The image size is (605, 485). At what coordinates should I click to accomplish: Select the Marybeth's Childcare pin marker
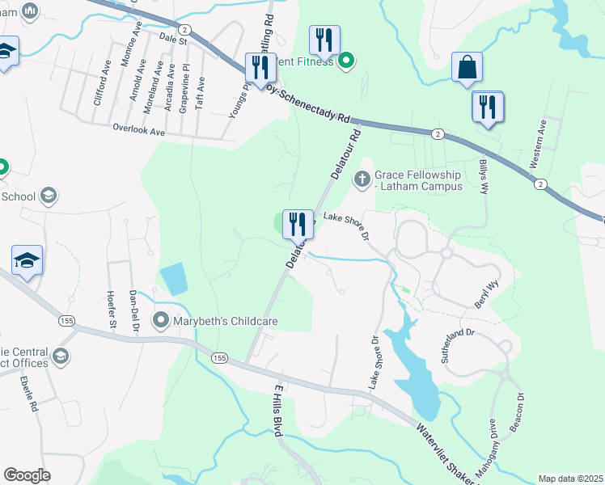160,321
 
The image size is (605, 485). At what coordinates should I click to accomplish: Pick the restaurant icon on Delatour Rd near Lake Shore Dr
298,224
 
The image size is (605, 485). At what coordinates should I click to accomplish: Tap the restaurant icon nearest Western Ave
488,108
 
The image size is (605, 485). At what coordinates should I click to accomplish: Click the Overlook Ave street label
139,129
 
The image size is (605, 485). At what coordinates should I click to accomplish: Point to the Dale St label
173,38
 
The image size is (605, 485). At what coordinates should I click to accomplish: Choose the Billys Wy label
484,176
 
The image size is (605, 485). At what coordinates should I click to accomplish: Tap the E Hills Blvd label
277,410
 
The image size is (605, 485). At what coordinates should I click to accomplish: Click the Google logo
27,474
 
